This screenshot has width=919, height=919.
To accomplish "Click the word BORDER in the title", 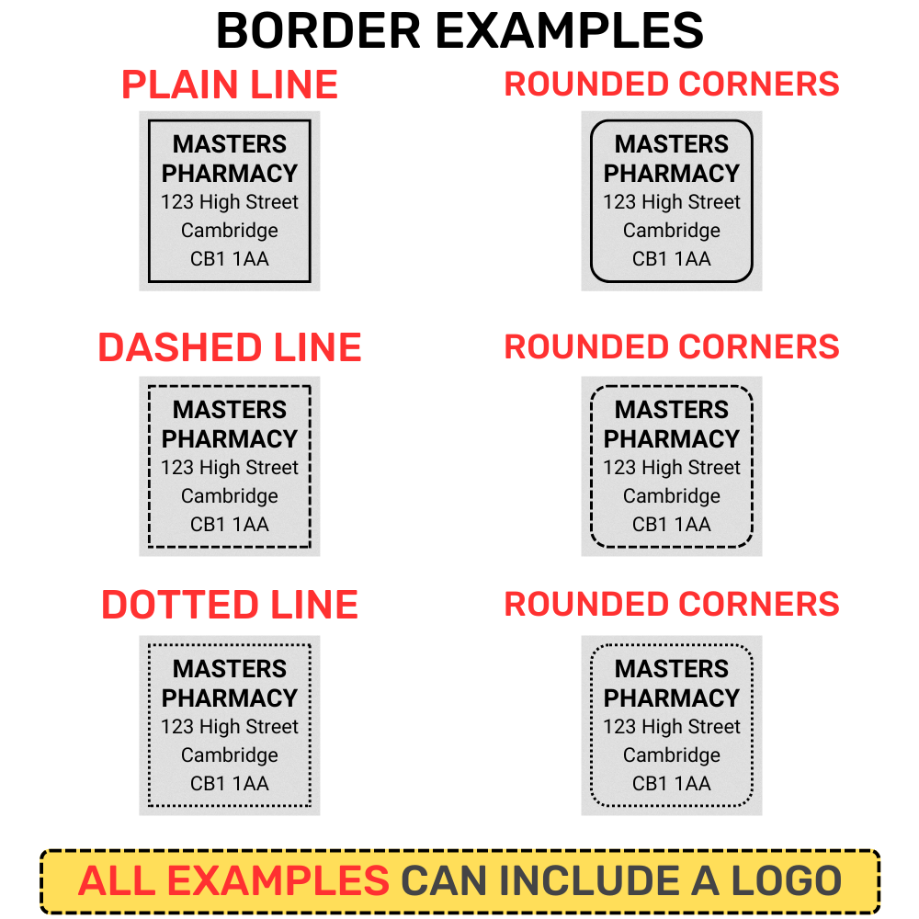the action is pyautogui.click(x=319, y=30).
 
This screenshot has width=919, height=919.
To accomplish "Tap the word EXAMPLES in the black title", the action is pyautogui.click(x=570, y=30).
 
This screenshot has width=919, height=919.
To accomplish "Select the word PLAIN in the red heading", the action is pyautogui.click(x=179, y=85).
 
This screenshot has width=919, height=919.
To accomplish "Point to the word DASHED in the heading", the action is pyautogui.click(x=180, y=347).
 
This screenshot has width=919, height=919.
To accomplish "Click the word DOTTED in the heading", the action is pyautogui.click(x=180, y=605).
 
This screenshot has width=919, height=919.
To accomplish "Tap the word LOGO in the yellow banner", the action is pyautogui.click(x=787, y=880).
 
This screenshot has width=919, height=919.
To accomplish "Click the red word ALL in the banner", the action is pyautogui.click(x=116, y=880).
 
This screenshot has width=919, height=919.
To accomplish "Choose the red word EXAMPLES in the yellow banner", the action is pyautogui.click(x=278, y=880).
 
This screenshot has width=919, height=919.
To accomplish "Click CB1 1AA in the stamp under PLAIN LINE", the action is pyautogui.click(x=229, y=258).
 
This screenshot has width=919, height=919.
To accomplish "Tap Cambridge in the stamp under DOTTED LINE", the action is pyautogui.click(x=229, y=754).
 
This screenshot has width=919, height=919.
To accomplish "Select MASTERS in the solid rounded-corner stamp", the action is pyautogui.click(x=671, y=144).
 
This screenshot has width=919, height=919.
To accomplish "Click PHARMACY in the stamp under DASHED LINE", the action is pyautogui.click(x=229, y=438).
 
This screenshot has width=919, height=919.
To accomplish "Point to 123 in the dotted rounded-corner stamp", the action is pyautogui.click(x=619, y=727).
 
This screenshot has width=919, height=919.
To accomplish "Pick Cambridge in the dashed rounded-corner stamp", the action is pyautogui.click(x=671, y=496).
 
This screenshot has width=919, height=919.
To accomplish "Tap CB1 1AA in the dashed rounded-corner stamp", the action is pyautogui.click(x=671, y=524).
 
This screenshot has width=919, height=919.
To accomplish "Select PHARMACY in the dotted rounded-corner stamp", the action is pyautogui.click(x=671, y=698).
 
